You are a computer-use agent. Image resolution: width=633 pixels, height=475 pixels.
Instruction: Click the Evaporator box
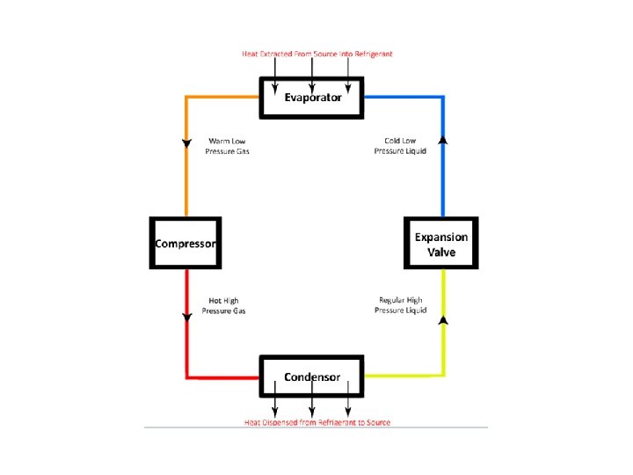[x=312, y=97]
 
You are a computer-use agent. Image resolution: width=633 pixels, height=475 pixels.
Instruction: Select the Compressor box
[x=185, y=243]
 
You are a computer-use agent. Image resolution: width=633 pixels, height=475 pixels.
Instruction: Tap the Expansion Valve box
[x=441, y=244]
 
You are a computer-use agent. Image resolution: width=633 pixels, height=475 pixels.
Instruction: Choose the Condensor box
[x=312, y=377]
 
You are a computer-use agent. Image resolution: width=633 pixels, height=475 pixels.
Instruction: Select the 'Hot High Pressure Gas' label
[x=223, y=305]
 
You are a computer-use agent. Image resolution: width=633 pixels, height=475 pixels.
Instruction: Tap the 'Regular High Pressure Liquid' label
[x=401, y=305]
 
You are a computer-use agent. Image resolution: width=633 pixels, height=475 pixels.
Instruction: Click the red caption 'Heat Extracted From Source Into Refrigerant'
[x=317, y=54]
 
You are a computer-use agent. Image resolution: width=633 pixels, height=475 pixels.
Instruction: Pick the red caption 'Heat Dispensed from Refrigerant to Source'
[x=317, y=423]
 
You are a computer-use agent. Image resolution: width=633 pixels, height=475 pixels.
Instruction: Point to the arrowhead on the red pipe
[x=186, y=317]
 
